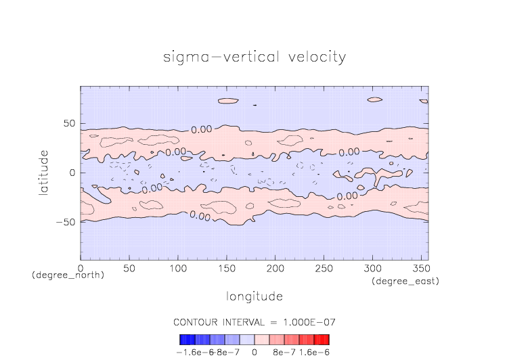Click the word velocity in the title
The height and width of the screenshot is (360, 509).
tap(314, 57)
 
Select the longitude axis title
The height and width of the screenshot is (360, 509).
tap(254, 296)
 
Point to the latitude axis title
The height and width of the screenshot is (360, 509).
tap(43, 173)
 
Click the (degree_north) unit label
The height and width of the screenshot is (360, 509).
tap(68, 275)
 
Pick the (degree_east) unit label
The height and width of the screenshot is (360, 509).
tap(405, 281)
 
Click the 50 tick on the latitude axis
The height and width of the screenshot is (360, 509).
tap(69, 124)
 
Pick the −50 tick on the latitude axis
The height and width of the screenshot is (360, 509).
tap(65, 221)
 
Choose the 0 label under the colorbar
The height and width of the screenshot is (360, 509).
tap(255, 352)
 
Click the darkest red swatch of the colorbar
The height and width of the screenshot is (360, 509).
tap(326, 340)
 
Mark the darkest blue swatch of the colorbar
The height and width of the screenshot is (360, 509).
tap(183, 340)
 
